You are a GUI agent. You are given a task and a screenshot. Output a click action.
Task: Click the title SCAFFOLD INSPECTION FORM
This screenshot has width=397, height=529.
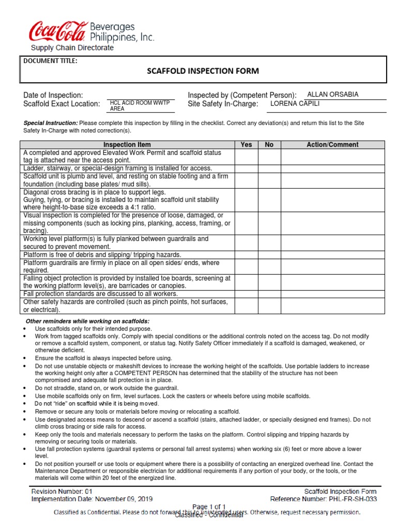pos(203,71)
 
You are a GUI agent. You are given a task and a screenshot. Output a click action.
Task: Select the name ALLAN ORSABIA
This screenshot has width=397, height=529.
pos(332,95)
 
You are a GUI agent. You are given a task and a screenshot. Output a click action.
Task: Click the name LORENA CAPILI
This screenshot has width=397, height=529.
pos(296,104)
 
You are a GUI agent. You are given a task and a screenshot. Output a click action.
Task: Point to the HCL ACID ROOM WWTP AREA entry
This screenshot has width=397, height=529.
pos(140,106)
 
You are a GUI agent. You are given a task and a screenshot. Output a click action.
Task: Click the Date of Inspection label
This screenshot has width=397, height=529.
pos(53,95)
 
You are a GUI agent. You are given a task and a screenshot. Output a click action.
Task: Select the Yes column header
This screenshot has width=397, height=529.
pos(247,145)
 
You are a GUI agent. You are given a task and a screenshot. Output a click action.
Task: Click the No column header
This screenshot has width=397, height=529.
pos(269,145)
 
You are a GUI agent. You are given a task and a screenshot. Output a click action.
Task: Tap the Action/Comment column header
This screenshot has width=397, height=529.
pos(332,145)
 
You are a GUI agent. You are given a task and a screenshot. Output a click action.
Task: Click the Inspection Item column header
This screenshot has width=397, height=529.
pos(127,145)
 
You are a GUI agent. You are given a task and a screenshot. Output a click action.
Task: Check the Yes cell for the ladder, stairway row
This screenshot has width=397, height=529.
pos(247,168)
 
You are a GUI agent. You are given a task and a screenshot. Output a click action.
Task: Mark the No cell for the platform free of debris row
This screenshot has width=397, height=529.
pos(269,255)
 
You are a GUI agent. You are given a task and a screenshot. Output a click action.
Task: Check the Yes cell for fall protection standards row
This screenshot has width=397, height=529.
pos(247,293)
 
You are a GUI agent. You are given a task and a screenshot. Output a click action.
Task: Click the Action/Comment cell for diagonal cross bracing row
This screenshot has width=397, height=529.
pos(332,199)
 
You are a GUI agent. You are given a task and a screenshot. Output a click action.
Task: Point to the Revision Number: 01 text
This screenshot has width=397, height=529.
pos(62,492)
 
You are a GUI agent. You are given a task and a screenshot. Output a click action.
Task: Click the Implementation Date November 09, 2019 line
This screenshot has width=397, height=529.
pos(92,500)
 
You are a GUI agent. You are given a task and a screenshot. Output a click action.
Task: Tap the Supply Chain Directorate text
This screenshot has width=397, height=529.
pos(72,48)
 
